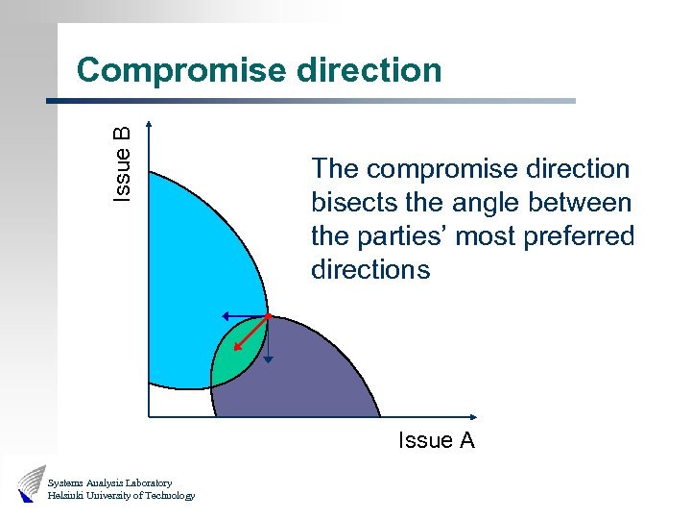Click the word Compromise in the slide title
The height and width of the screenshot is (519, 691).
[x=180, y=70]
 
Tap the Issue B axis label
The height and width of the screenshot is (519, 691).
[x=122, y=163]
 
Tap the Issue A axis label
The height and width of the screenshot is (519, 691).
[x=437, y=440]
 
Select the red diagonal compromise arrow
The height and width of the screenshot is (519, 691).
[x=252, y=334]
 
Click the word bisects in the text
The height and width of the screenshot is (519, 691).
[x=347, y=203]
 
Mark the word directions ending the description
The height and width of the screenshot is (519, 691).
[x=370, y=270]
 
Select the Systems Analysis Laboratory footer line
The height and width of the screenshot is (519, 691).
[x=109, y=482]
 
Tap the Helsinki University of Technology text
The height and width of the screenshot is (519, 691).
[x=121, y=496]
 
